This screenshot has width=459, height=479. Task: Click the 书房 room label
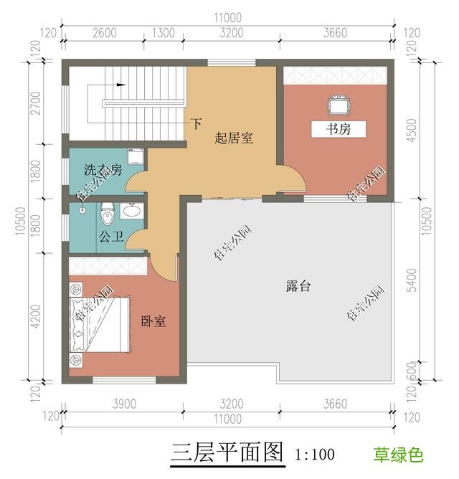[x=338, y=130]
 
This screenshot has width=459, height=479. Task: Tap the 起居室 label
[x=234, y=138]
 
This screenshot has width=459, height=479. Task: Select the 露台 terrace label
[x=298, y=285]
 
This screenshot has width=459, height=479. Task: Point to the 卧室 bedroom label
[x=153, y=322]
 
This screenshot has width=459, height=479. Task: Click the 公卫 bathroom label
[x=110, y=234]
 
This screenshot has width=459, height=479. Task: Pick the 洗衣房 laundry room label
[x=103, y=171]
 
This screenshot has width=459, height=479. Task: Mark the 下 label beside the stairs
[x=196, y=123]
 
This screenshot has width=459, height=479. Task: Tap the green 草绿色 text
[x=398, y=455]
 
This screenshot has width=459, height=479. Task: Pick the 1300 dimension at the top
[x=164, y=32]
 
